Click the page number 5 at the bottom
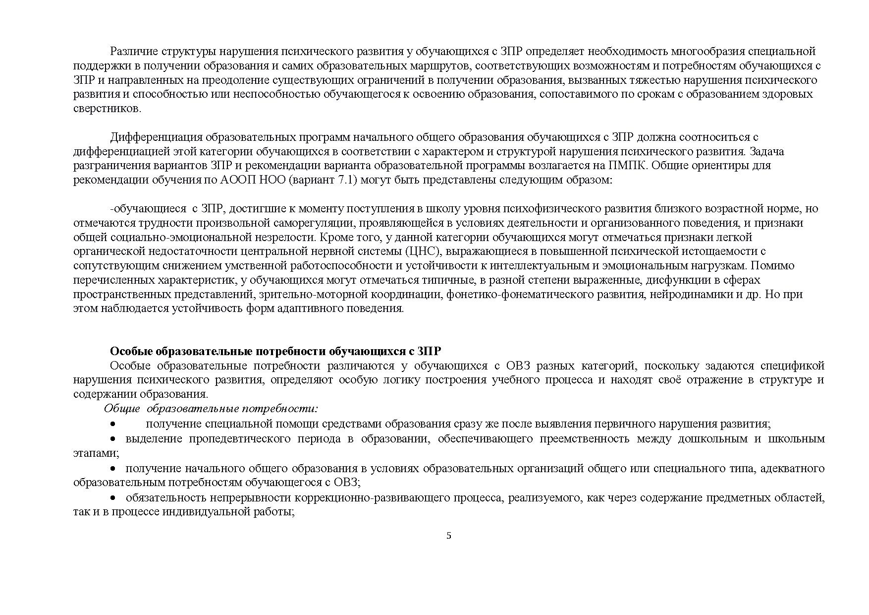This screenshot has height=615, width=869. (449, 536)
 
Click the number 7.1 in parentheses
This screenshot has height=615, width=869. (344, 180)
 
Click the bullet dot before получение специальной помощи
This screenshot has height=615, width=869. (113, 424)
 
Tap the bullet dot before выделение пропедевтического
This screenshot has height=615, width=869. (113, 439)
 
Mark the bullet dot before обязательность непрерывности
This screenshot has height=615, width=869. (113, 497)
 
